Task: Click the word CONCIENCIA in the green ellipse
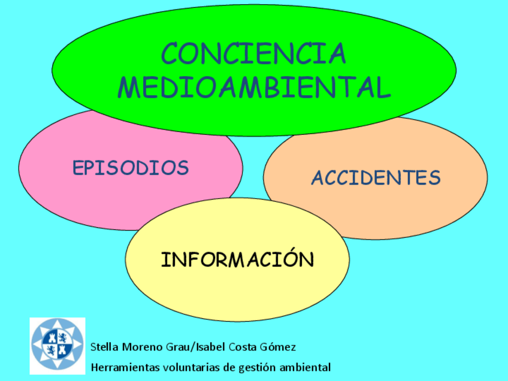click(x=253, y=53)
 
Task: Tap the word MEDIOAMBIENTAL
click(x=254, y=87)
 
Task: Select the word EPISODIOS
click(x=131, y=168)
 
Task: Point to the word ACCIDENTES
click(x=376, y=177)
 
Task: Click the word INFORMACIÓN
click(x=237, y=259)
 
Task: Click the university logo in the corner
click(x=58, y=346)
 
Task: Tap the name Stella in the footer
click(x=104, y=347)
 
